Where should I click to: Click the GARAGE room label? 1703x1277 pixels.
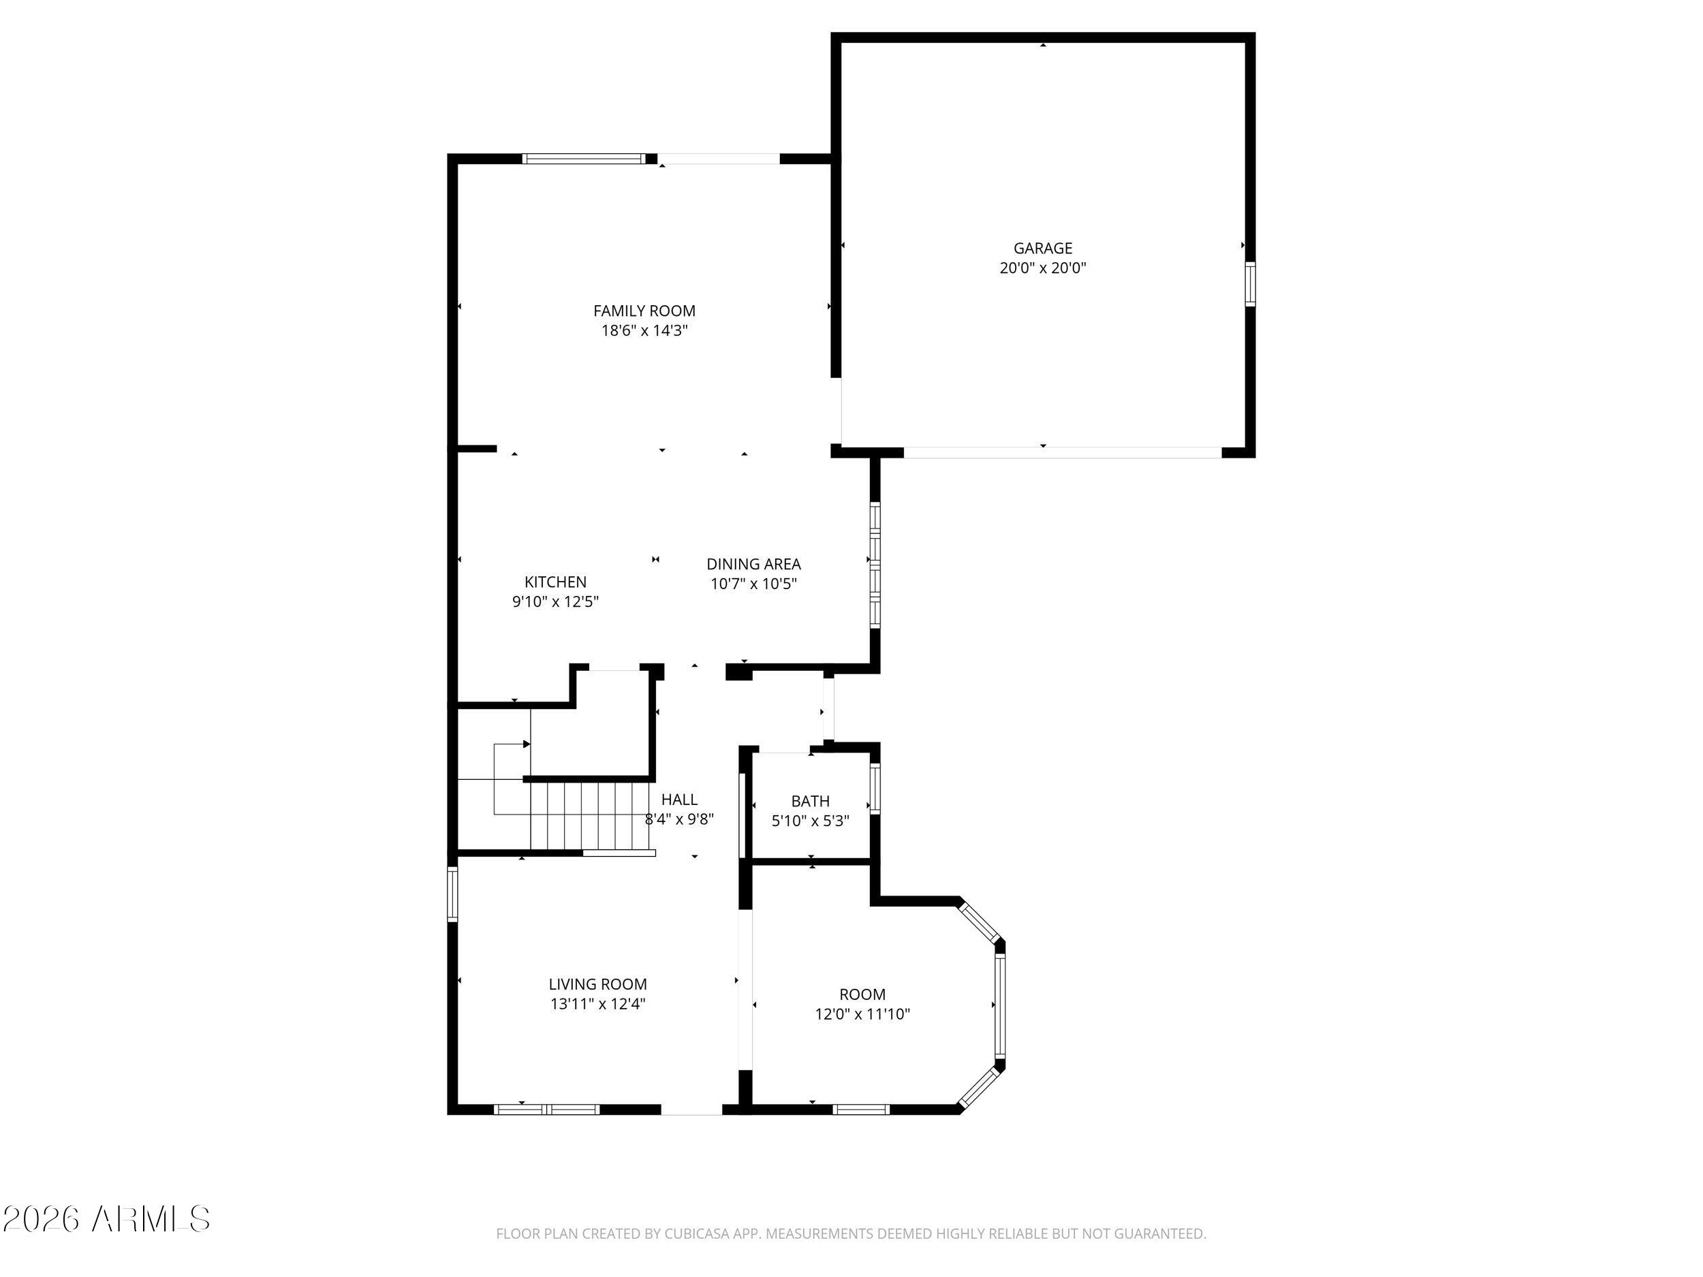pyautogui.click(x=1042, y=248)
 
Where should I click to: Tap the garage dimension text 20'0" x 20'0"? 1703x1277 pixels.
pyautogui.click(x=1042, y=268)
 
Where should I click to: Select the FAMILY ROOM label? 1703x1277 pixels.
pyautogui.click(x=644, y=311)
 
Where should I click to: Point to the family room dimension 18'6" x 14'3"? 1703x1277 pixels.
pyautogui.click(x=644, y=331)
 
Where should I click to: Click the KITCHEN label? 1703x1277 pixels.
pyautogui.click(x=555, y=582)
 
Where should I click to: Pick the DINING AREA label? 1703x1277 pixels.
pyautogui.click(x=753, y=564)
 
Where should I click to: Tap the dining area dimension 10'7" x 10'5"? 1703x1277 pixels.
pyautogui.click(x=753, y=584)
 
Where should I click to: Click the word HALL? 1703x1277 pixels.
pyautogui.click(x=679, y=800)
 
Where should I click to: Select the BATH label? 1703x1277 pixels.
pyautogui.click(x=810, y=802)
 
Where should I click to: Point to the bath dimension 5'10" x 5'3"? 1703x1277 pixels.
pyautogui.click(x=810, y=821)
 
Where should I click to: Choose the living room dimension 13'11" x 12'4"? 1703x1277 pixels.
pyautogui.click(x=597, y=1005)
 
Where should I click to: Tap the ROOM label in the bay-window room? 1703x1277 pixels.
pyautogui.click(x=862, y=994)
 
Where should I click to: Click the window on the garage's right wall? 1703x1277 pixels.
pyautogui.click(x=1250, y=284)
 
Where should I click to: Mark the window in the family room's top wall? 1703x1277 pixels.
pyautogui.click(x=584, y=159)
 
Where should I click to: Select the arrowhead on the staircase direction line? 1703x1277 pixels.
pyautogui.click(x=527, y=744)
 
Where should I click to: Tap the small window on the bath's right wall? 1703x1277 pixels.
pyautogui.click(x=875, y=788)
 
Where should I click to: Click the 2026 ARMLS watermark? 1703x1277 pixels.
pyautogui.click(x=106, y=1219)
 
